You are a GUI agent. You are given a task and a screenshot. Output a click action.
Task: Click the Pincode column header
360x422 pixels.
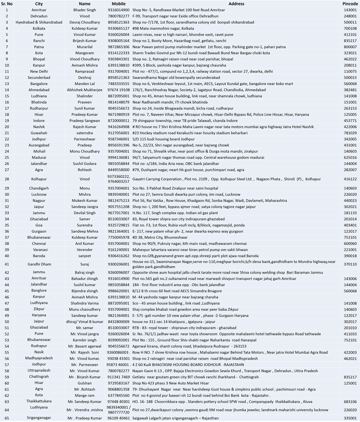[x=350, y=4]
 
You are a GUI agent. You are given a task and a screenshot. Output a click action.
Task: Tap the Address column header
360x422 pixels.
[x=236, y=4]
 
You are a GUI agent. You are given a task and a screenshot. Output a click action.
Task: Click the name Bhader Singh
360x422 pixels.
[x=84, y=10]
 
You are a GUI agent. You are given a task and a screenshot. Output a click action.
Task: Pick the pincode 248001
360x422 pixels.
[x=350, y=16]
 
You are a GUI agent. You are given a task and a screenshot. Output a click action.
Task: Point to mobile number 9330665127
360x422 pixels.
[x=118, y=28]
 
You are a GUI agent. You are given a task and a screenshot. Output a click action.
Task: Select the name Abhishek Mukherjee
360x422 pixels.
[x=84, y=90]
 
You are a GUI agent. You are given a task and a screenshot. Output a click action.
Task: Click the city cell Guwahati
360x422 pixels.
[x=39, y=133]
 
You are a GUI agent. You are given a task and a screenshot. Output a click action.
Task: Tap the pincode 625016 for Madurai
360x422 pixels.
[x=350, y=157]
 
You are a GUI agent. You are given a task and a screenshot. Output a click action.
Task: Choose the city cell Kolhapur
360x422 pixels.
[x=39, y=179]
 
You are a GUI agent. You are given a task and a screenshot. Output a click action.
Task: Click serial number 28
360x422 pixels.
[x=7, y=179]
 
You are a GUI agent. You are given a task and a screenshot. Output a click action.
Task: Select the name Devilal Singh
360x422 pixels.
[x=84, y=213]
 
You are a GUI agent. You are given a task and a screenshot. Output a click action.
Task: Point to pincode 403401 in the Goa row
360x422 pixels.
[x=350, y=225]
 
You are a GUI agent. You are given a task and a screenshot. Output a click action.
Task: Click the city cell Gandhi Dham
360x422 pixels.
[x=39, y=264]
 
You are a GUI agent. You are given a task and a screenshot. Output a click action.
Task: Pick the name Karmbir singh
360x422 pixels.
[x=84, y=340]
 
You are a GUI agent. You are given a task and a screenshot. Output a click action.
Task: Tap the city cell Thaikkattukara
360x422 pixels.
[x=39, y=401]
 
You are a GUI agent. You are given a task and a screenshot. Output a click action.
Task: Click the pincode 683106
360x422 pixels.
[x=350, y=402]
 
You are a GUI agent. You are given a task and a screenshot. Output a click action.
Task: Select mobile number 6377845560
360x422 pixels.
[x=118, y=396]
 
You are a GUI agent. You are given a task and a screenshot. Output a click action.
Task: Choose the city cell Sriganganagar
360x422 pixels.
[x=39, y=418]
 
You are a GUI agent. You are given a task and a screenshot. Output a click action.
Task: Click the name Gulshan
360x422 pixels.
[x=84, y=383]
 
